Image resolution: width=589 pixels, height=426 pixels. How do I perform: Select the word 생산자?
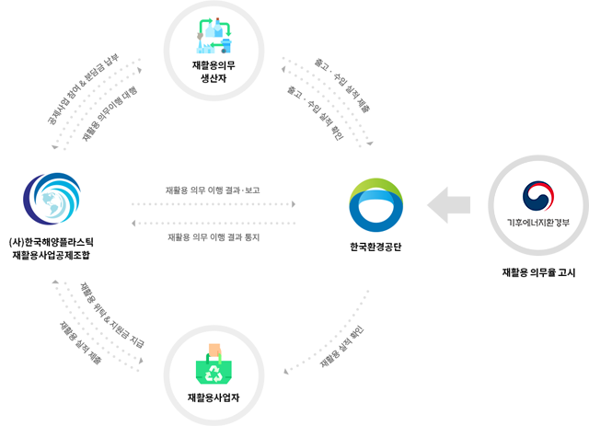214,79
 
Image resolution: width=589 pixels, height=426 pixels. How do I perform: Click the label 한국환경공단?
376,248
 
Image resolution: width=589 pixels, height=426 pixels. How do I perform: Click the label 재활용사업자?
214,397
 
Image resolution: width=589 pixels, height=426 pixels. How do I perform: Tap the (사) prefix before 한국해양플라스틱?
16,244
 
